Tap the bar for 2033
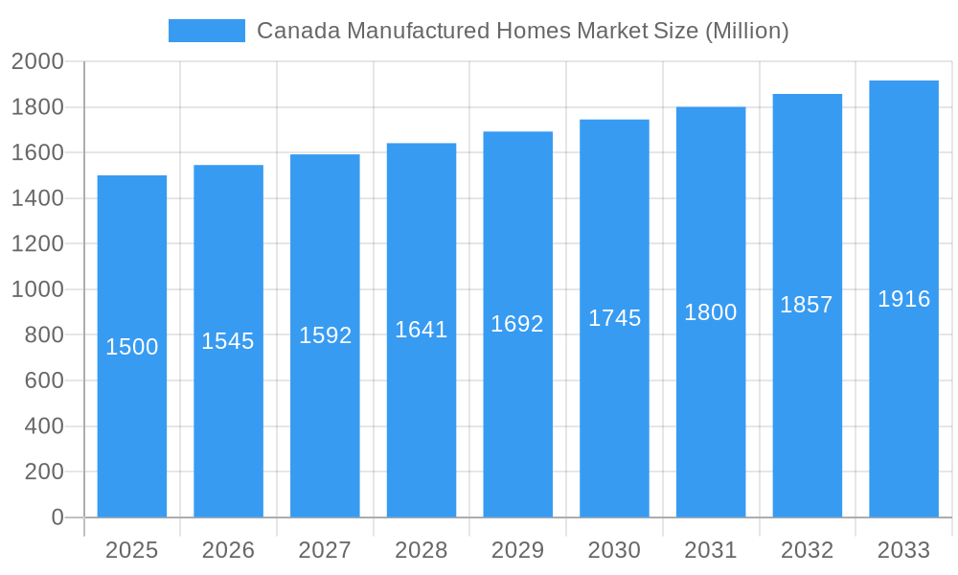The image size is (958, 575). pyautogui.click(x=903, y=402)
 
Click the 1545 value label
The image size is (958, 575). pyautogui.click(x=228, y=341)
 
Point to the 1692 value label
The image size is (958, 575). pyautogui.click(x=517, y=324)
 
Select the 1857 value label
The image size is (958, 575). pyautogui.click(x=807, y=305)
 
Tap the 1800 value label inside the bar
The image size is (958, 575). pyautogui.click(x=711, y=312)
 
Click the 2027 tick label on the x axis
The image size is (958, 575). pyautogui.click(x=325, y=550)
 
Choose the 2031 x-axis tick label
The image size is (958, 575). pyautogui.click(x=711, y=550)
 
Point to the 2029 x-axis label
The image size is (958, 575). pyautogui.click(x=517, y=550)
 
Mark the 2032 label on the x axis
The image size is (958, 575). pyautogui.click(x=807, y=550)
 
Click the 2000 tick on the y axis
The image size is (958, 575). pyautogui.click(x=37, y=62)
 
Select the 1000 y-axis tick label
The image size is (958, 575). pyautogui.click(x=37, y=289)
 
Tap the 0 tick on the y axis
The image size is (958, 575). pyautogui.click(x=57, y=517)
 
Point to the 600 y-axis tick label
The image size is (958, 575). pyautogui.click(x=44, y=380)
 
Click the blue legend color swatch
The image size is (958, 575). pyautogui.click(x=206, y=31)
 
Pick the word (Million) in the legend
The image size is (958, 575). pyautogui.click(x=746, y=31)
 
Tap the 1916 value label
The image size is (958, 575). pyautogui.click(x=903, y=299)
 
